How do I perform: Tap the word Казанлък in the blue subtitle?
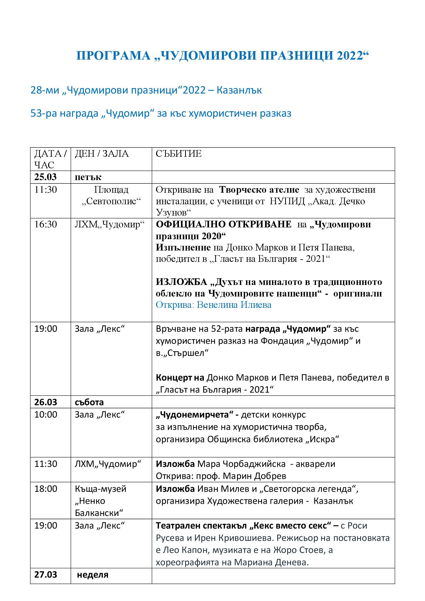(239, 90)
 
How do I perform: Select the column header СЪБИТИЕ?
(179, 154)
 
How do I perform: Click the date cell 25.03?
(45, 177)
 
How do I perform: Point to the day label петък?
(88, 177)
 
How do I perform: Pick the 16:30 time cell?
(46, 224)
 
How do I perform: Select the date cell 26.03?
(46, 402)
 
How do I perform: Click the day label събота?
(89, 402)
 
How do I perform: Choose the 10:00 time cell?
(46, 415)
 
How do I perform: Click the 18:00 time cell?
(46, 489)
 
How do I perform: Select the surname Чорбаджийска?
(254, 464)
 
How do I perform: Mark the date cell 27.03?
(46, 575)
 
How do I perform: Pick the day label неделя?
(93, 575)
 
